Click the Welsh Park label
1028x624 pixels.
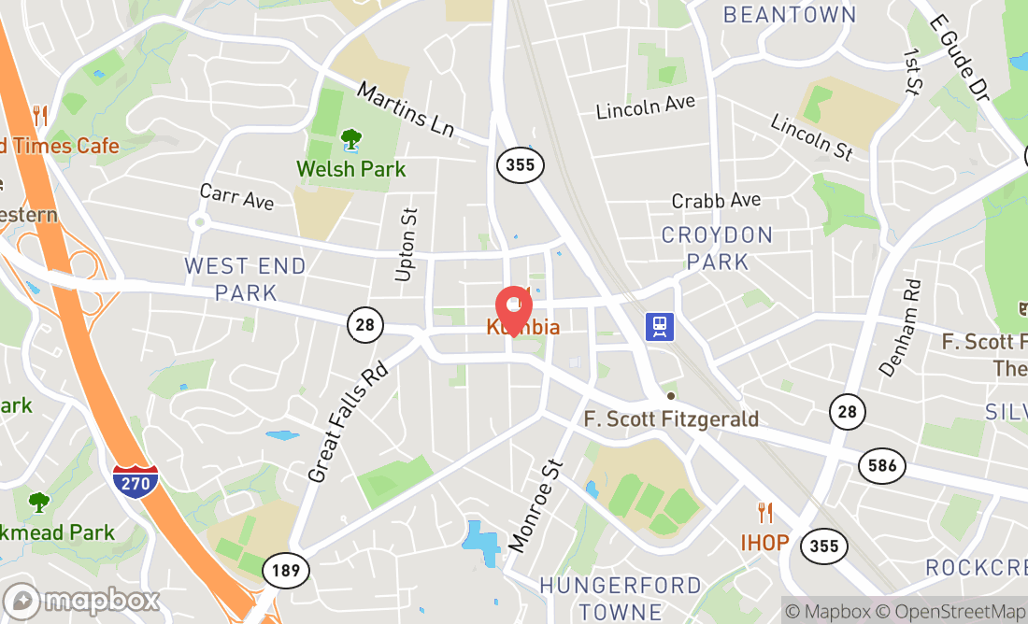(351, 169)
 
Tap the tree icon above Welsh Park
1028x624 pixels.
(351, 141)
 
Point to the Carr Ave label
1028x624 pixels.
(236, 197)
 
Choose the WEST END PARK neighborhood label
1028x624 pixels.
(245, 279)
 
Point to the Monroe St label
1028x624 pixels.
(537, 504)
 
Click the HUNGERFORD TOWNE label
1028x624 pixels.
(621, 599)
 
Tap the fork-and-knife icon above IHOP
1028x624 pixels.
(765, 513)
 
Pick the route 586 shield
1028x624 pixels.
(881, 465)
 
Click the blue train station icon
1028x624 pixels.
(660, 326)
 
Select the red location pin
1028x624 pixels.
(513, 306)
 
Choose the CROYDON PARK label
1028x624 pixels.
(718, 248)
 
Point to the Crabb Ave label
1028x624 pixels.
(717, 200)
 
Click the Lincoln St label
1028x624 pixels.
(812, 136)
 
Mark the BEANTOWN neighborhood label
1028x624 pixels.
(790, 14)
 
